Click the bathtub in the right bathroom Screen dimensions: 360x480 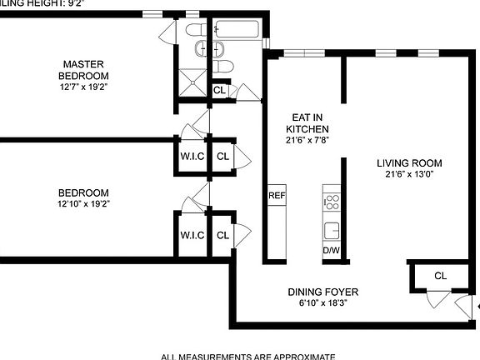tap(237, 31)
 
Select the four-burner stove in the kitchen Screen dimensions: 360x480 tap(331, 201)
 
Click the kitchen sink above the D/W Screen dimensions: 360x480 tap(332, 230)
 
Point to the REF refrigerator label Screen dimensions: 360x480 tap(277, 196)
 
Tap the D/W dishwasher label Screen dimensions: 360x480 tap(331, 250)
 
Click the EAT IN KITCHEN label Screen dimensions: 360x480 tap(307, 123)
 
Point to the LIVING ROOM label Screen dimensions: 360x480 tap(408, 162)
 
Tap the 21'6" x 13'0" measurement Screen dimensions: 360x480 tap(408, 175)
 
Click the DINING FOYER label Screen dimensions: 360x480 tap(323, 292)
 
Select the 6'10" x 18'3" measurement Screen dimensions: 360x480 tap(323, 304)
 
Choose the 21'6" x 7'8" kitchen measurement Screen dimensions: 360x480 tap(307, 141)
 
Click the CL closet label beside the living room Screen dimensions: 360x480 tap(441, 276)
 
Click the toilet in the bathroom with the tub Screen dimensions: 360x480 tap(222, 67)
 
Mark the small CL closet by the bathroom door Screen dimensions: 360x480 tap(219, 90)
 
